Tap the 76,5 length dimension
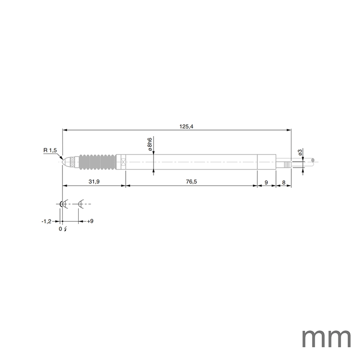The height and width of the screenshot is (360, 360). (191, 182)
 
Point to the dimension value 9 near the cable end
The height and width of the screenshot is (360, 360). (266, 182)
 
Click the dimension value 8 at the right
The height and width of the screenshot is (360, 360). (284, 182)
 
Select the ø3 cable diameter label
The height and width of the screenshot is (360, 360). (300, 153)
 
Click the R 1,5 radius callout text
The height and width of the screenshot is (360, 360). (50, 151)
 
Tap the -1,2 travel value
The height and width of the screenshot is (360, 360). (46, 221)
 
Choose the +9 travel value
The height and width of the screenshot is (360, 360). (90, 221)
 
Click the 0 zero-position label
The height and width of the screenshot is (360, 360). (60, 229)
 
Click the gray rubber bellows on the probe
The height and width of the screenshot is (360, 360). (96, 162)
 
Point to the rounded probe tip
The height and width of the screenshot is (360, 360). (65, 162)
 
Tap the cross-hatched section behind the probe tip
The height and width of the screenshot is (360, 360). (72, 162)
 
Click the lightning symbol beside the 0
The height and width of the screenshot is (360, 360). (65, 229)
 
